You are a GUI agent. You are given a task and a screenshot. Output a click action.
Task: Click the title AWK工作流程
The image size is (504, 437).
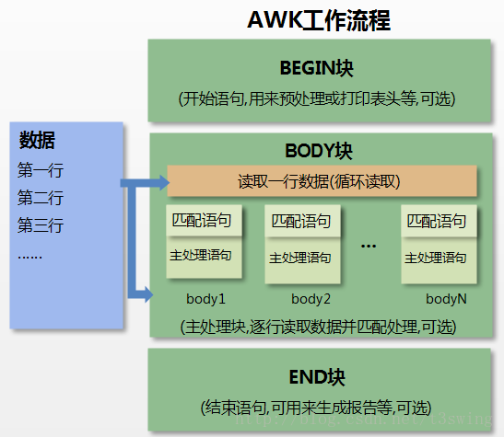[319, 20]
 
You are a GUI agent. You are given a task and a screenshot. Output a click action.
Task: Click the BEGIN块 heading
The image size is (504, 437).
[318, 69]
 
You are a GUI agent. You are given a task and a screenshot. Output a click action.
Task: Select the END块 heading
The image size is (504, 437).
[318, 377]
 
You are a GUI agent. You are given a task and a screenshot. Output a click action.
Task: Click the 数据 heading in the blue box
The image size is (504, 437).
[37, 140]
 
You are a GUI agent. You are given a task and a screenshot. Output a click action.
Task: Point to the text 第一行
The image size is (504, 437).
[41, 170]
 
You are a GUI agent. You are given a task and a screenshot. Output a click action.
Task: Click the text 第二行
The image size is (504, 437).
[41, 198]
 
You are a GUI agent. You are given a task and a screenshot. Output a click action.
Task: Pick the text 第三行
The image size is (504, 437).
[41, 225]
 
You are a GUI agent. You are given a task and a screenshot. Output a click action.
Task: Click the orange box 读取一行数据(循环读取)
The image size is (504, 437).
[322, 180]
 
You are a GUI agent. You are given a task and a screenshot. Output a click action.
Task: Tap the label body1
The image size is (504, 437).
[205, 299]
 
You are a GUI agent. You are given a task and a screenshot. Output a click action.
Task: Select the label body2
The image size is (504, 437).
[311, 299]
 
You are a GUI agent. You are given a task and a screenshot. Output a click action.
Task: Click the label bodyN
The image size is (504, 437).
[446, 299]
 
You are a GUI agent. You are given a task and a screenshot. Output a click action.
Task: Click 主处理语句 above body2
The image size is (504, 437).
[300, 258]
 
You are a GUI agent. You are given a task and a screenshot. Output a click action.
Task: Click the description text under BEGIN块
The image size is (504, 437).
[318, 98]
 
